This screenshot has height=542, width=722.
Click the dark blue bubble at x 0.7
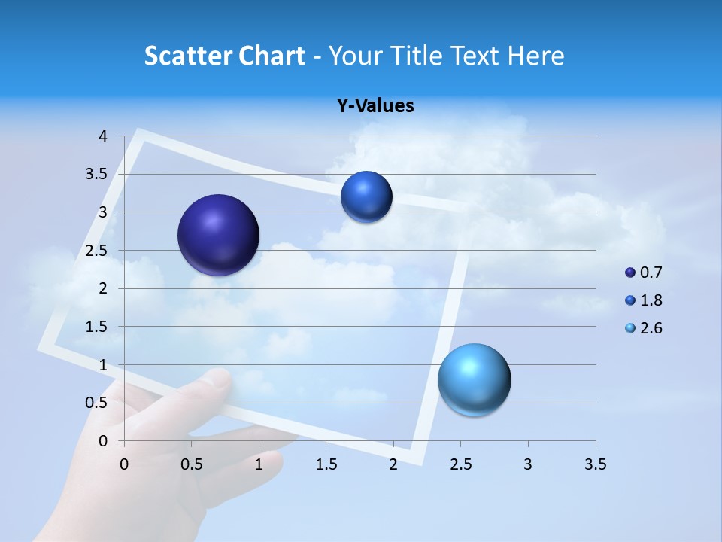[218, 235]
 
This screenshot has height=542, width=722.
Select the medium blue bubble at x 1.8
[366, 197]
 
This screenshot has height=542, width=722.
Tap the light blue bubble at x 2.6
[474, 379]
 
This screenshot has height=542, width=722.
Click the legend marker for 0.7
[630, 273]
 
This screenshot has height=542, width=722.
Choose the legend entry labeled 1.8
[651, 300]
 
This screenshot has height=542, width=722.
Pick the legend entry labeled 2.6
[651, 328]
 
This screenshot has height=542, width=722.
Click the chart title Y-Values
[375, 105]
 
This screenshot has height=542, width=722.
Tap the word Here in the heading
[535, 56]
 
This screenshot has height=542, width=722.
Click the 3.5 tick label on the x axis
[595, 464]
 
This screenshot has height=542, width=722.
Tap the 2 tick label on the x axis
[393, 464]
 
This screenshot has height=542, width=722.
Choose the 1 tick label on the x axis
[259, 464]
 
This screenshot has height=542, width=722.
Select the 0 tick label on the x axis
[125, 464]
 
